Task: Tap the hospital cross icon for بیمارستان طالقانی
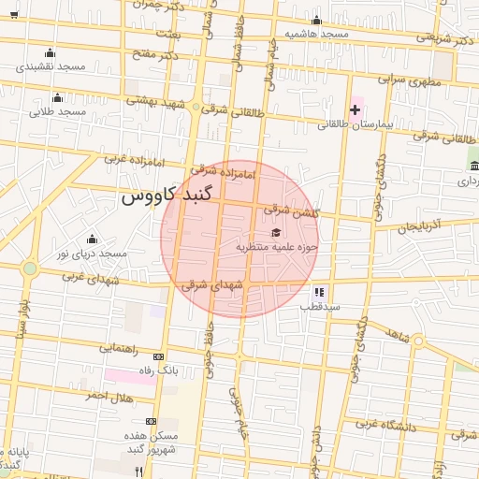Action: [x=355, y=110]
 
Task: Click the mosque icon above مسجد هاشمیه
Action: [x=316, y=21]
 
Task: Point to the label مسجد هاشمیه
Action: [x=317, y=35]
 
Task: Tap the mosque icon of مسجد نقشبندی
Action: [x=50, y=53]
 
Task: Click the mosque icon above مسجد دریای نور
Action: [x=91, y=239]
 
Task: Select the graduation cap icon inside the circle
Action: [x=275, y=233]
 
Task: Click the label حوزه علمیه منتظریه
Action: [x=277, y=247]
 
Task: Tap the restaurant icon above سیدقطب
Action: [x=319, y=292]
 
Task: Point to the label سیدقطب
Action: [x=319, y=306]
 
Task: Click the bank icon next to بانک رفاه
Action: [x=157, y=356]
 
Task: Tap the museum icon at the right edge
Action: [x=474, y=166]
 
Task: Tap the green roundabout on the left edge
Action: [x=30, y=269]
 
